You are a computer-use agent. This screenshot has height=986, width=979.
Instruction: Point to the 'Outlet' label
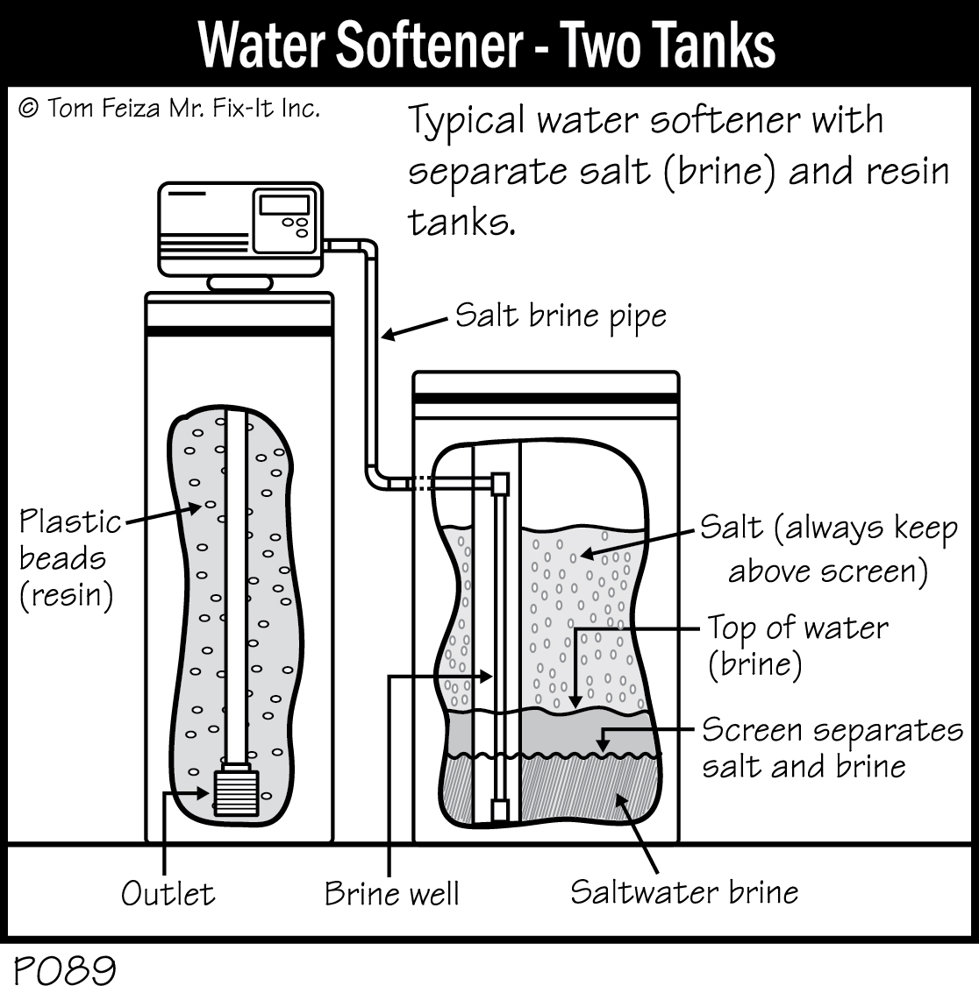pos(168,893)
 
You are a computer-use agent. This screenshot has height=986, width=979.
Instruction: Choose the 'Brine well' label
pos(391,893)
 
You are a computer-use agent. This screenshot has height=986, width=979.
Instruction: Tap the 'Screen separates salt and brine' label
pos(832,748)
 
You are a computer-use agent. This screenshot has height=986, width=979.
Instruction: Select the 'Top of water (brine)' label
pos(797,646)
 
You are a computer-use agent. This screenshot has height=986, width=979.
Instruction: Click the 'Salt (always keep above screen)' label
pos(828,549)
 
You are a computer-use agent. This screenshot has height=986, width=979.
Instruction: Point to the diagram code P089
pos(65,969)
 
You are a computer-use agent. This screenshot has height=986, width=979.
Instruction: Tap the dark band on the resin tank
pos(239,333)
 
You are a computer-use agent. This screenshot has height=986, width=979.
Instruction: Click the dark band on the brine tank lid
pos(546,398)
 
